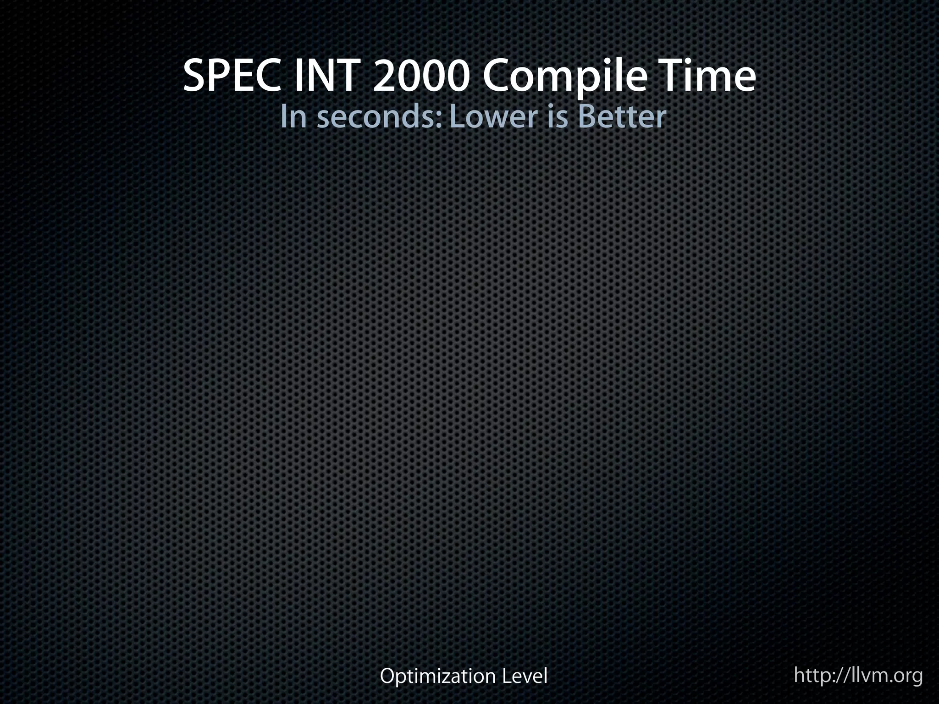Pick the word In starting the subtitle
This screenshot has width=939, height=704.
293,117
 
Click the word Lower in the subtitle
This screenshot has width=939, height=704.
492,117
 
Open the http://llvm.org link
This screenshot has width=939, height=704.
858,675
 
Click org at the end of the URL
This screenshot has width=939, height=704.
907,676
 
